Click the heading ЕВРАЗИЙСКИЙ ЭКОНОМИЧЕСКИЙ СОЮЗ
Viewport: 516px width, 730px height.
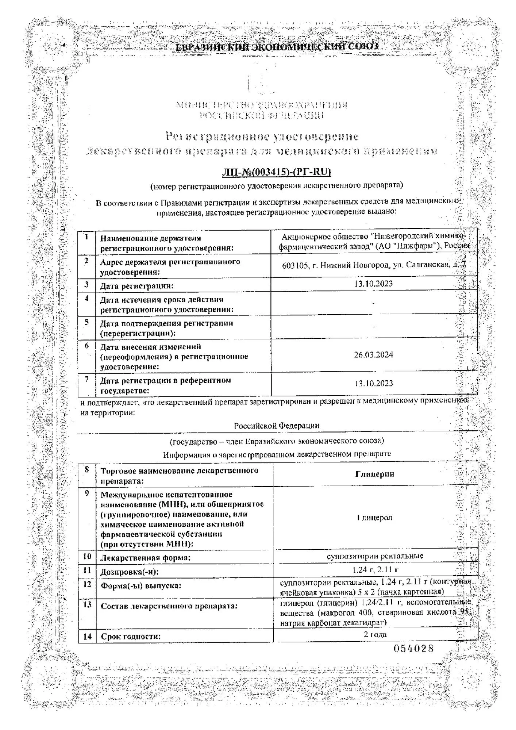tap(277, 47)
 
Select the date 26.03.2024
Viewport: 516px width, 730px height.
tap(374, 354)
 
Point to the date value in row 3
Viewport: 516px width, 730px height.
tap(374, 284)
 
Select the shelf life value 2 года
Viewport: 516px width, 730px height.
tap(375, 634)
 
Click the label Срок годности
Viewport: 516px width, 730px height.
tap(131, 637)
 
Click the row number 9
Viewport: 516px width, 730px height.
tap(87, 493)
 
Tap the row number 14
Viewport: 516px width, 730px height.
tap(87, 637)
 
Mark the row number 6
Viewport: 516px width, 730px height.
tap(87, 345)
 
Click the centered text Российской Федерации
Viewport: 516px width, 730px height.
tap(276, 426)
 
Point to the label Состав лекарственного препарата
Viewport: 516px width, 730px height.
tap(169, 606)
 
